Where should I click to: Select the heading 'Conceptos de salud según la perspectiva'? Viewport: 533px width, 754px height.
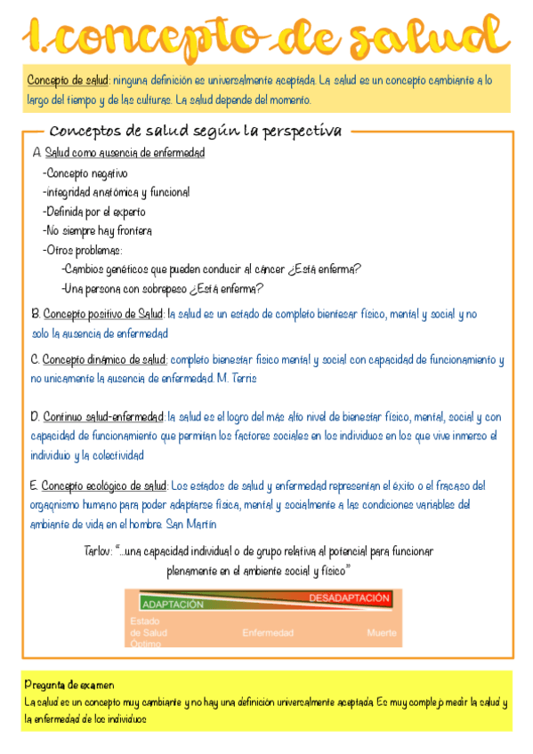[196, 132]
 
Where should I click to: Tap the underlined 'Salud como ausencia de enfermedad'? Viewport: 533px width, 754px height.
[125, 153]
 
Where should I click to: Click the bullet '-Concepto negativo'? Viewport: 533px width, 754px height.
[85, 173]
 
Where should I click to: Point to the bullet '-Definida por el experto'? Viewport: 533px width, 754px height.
[93, 212]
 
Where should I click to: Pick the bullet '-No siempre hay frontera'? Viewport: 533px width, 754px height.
[97, 231]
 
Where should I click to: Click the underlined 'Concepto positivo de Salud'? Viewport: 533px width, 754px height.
[103, 314]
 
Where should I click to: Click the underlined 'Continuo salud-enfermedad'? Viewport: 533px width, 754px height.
[104, 416]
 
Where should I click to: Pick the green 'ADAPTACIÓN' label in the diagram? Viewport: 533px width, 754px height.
[173, 604]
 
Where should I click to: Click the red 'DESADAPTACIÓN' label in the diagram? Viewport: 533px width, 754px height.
[349, 598]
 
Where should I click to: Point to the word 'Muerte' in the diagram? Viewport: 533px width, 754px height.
[382, 633]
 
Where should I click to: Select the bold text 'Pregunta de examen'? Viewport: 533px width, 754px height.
[69, 685]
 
